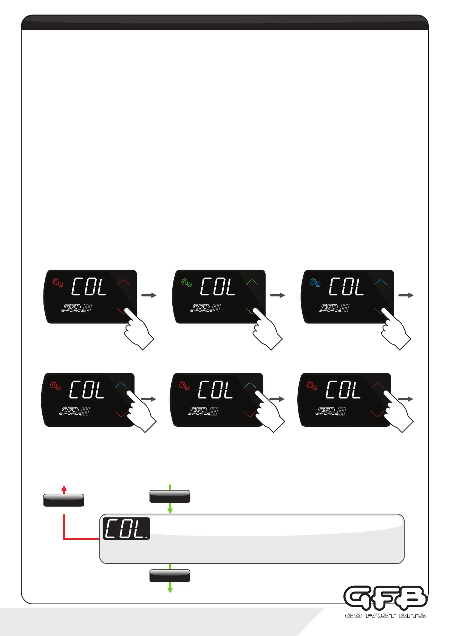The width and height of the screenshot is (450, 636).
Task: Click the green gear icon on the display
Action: click(187, 282)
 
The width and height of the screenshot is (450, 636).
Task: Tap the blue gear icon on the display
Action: click(315, 282)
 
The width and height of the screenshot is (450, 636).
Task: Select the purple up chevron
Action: click(377, 385)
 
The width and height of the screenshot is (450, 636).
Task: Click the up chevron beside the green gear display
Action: click(252, 282)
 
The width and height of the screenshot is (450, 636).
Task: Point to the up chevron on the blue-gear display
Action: click(380, 282)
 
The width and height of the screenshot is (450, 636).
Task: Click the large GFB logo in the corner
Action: click(385, 598)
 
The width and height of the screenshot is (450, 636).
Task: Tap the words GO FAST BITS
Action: click(385, 616)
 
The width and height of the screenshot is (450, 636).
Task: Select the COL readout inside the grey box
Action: click(126, 528)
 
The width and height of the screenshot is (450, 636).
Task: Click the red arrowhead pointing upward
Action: click(64, 489)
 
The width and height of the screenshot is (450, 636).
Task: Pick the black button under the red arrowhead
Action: click(64, 500)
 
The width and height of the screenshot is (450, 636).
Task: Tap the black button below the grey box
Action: click(170, 576)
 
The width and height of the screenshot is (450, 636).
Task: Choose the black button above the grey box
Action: click(170, 496)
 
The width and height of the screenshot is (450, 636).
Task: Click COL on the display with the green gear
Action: click(218, 287)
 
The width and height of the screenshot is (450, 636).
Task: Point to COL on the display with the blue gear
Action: click(346, 287)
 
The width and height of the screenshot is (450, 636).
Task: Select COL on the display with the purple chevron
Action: click(343, 390)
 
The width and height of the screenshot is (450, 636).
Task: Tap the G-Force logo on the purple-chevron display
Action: click(331, 411)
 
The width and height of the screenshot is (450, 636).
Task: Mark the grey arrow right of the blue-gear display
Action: click(406, 295)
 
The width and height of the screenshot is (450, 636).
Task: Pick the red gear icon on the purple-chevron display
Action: click(312, 386)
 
